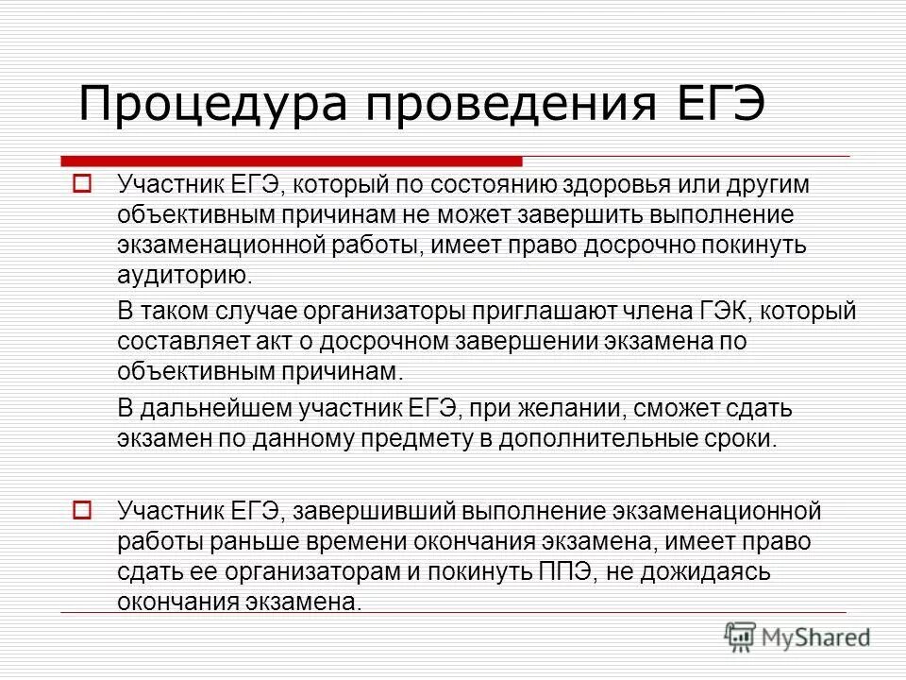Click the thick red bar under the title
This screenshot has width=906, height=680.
click(293, 161)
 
